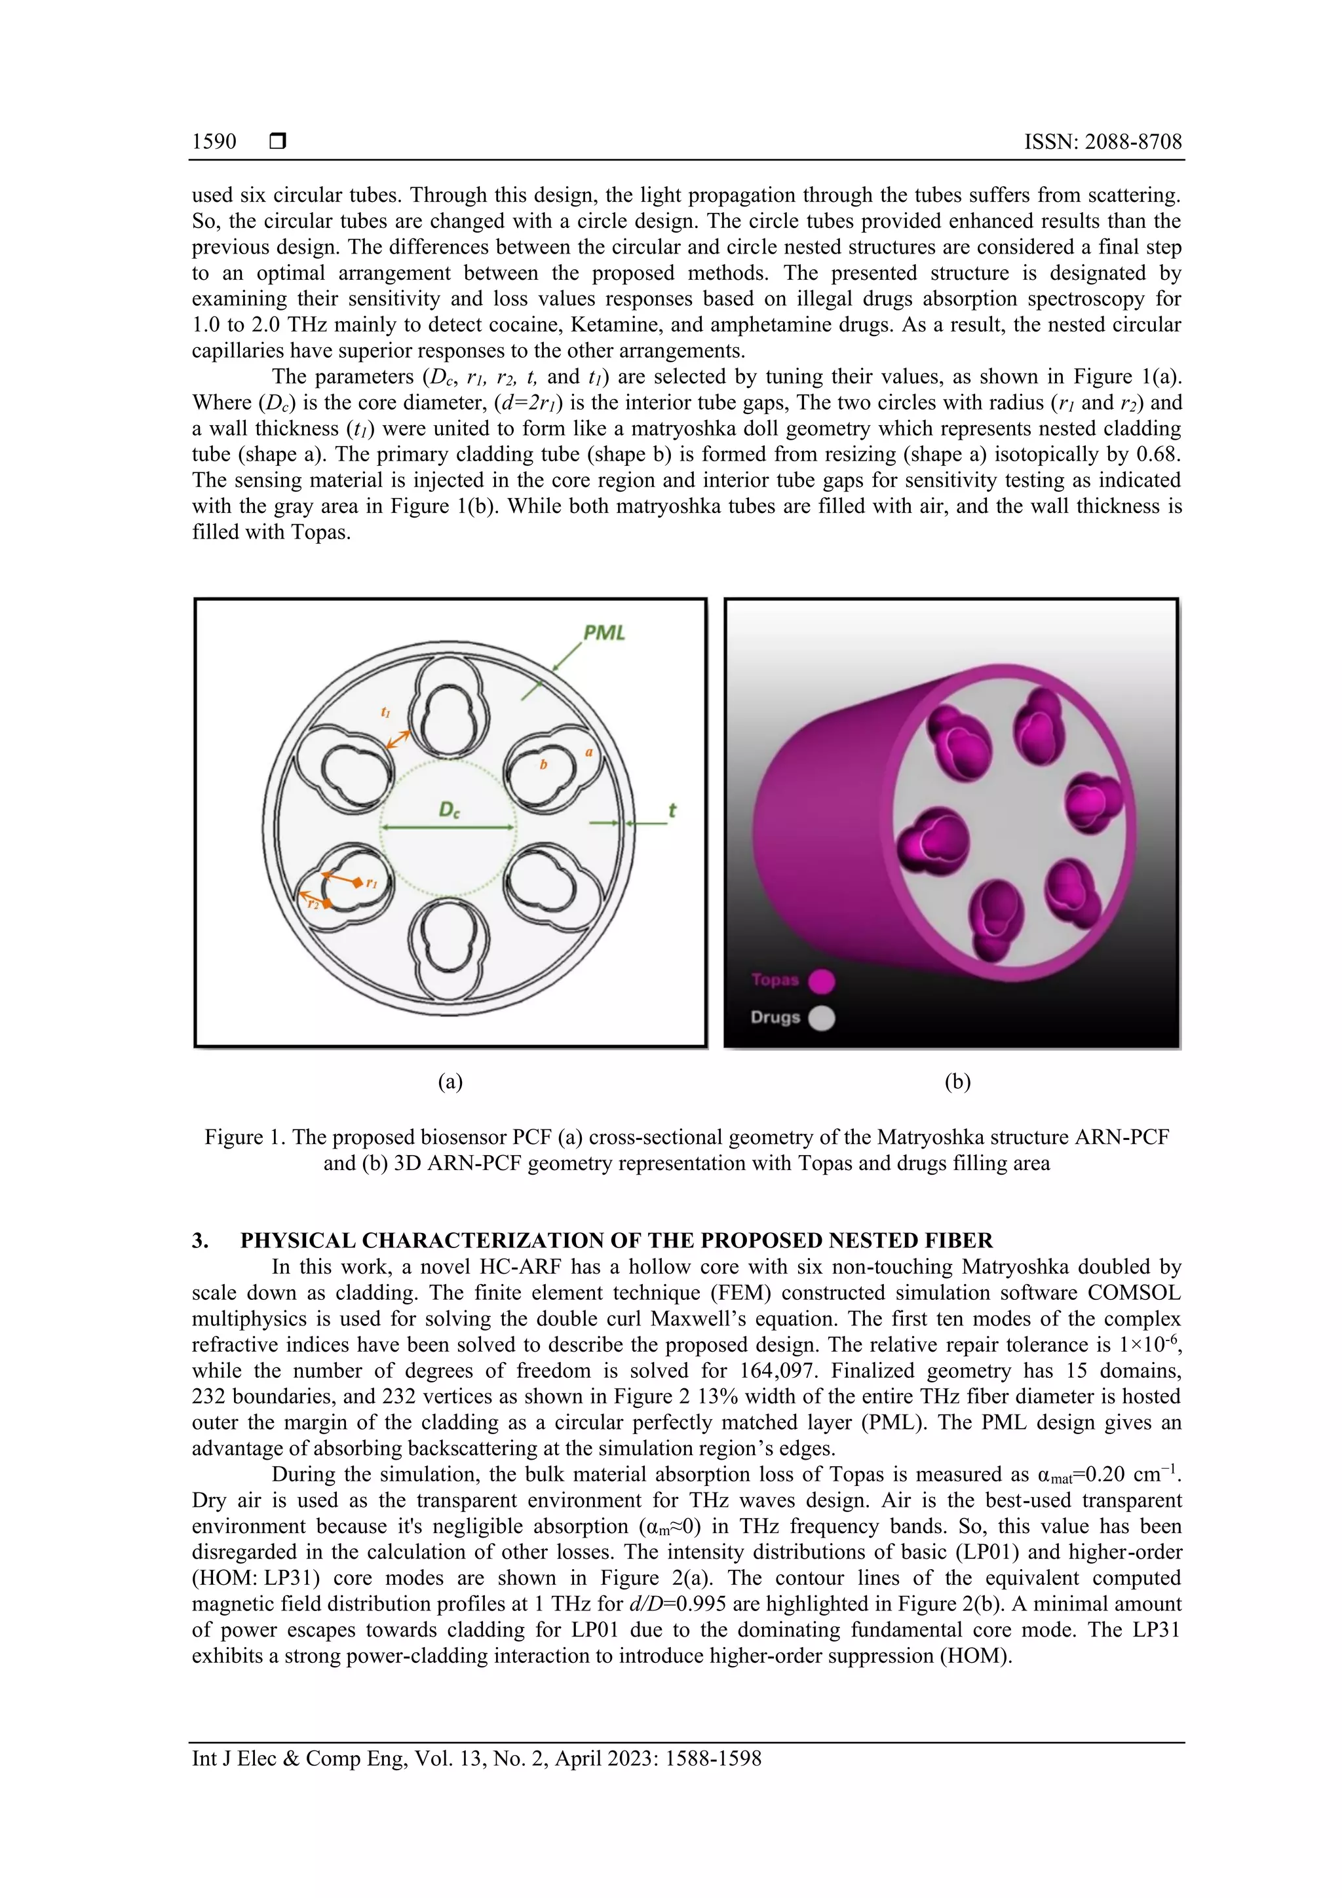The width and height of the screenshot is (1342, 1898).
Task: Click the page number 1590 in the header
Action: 214,142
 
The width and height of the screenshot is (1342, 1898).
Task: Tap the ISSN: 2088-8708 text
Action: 1102,142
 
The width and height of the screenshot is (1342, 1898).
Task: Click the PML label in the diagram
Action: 604,634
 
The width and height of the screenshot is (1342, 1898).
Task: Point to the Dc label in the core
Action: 449,810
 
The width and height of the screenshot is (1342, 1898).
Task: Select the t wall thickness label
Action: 672,811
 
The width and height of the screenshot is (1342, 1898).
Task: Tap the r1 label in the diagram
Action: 372,884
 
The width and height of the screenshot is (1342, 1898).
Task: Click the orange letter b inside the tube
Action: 543,765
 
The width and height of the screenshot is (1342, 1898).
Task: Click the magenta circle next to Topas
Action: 821,981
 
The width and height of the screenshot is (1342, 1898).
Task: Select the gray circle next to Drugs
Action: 821,1017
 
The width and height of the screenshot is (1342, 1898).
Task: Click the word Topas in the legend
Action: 775,980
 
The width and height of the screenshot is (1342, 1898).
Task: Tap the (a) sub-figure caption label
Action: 450,1082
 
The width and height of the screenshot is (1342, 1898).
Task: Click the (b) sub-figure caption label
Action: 957,1082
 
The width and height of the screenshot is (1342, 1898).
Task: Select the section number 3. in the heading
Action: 200,1241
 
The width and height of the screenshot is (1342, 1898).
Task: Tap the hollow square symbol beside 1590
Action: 278,142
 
